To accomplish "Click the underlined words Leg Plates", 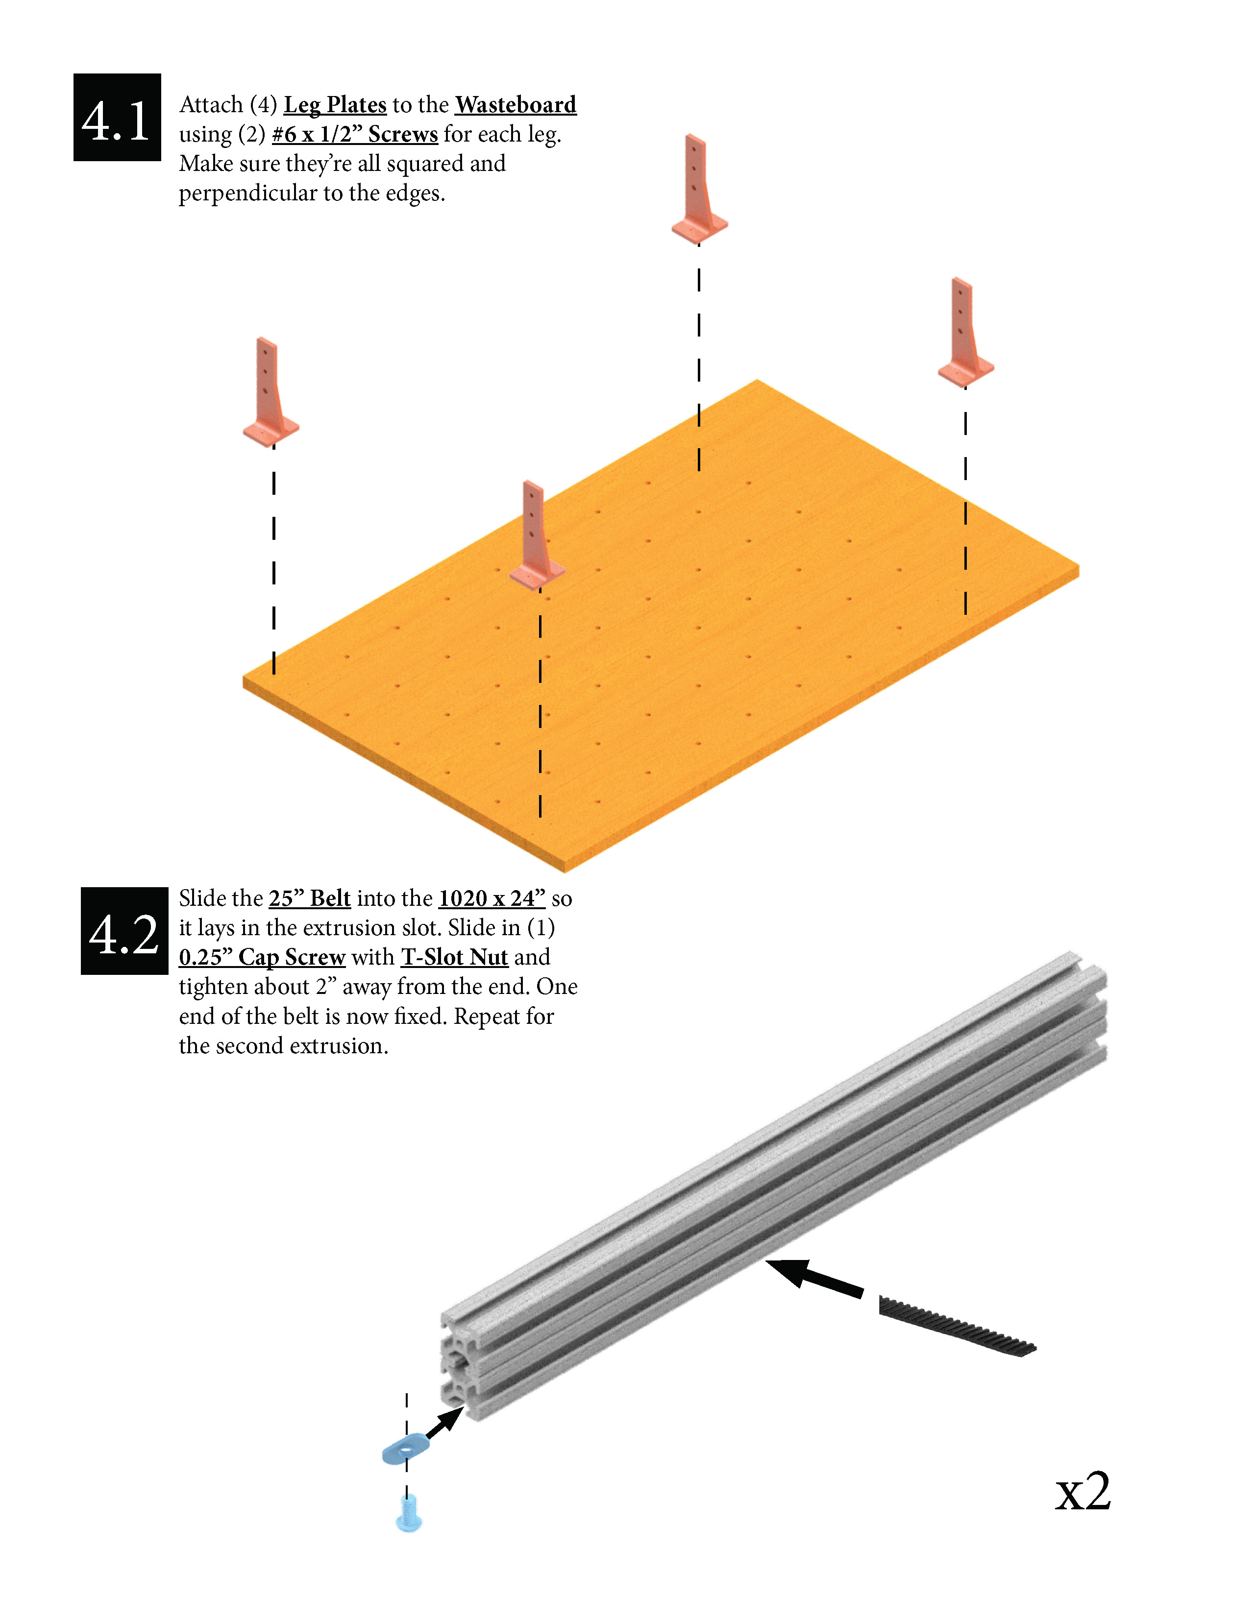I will [335, 105].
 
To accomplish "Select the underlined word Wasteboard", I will [516, 105].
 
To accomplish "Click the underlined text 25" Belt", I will [309, 898].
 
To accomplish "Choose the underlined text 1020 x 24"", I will [492, 898].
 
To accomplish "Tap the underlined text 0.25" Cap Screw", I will [262, 957].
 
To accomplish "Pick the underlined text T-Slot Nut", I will [455, 957].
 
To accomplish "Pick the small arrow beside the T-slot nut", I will [445, 1422].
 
